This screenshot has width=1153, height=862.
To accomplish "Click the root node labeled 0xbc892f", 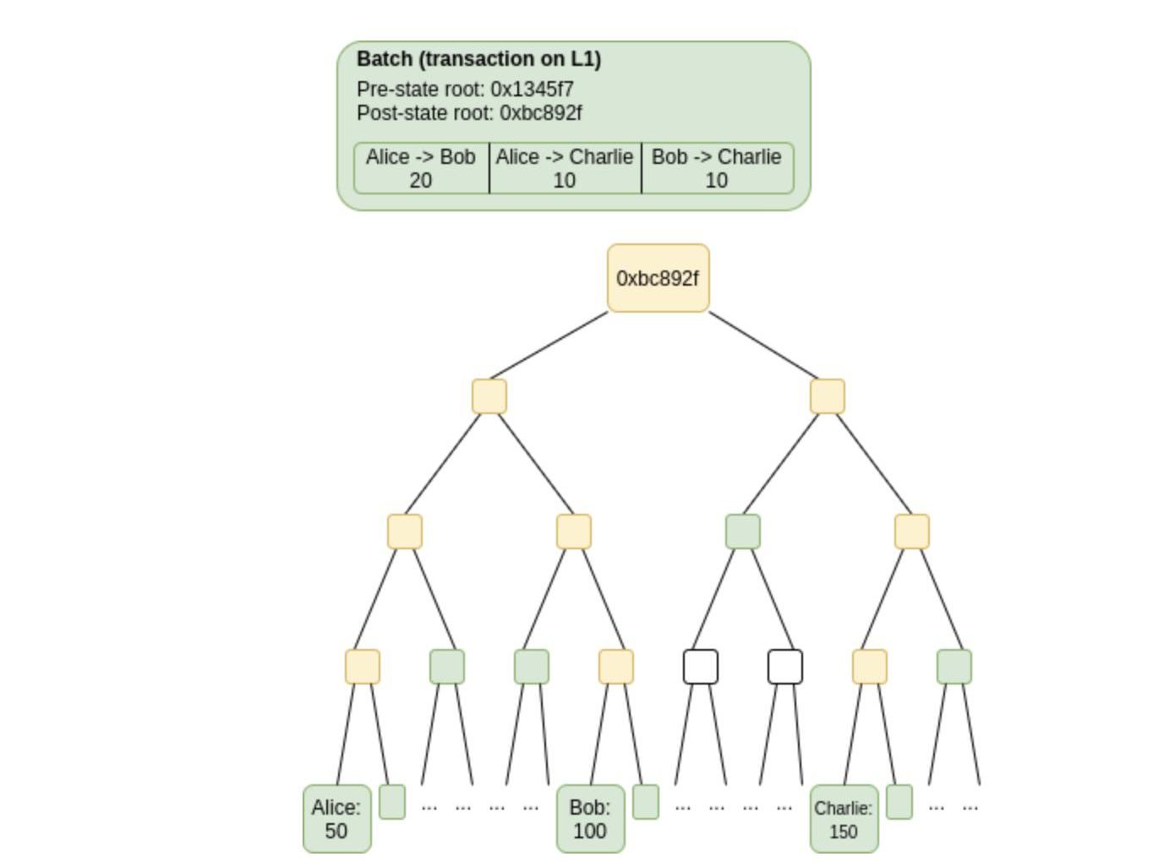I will (x=658, y=278).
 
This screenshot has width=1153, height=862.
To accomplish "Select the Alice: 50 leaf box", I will (x=336, y=819).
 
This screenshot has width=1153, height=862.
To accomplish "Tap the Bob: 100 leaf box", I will (x=590, y=819).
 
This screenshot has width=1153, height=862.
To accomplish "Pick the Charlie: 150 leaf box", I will (x=844, y=819).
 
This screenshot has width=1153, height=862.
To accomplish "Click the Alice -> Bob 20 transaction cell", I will (x=421, y=168).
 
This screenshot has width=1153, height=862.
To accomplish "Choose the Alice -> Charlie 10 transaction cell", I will (x=565, y=168).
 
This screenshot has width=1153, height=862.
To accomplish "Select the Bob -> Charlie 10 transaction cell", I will (x=717, y=168).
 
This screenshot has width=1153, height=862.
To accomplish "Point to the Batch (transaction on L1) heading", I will (x=478, y=59).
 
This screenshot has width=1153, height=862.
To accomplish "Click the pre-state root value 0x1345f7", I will (x=532, y=89).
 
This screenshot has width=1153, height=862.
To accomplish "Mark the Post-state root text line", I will (x=469, y=112).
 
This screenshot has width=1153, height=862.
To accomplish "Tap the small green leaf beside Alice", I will (x=391, y=802).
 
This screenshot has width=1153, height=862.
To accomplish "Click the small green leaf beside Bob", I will (x=645, y=802).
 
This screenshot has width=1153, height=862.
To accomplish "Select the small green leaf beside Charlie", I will (x=899, y=802).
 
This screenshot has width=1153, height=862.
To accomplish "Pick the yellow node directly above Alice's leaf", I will (x=362, y=667).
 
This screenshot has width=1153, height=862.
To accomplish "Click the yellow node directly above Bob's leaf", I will (x=615, y=667).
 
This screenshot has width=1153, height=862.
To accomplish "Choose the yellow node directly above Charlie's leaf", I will (x=869, y=667).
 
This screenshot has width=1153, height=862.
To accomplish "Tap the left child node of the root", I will (x=489, y=396).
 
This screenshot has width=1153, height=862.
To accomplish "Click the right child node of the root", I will (x=827, y=396).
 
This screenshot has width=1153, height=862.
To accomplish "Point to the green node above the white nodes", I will (x=742, y=532).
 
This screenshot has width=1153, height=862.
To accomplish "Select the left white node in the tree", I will (x=700, y=667).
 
